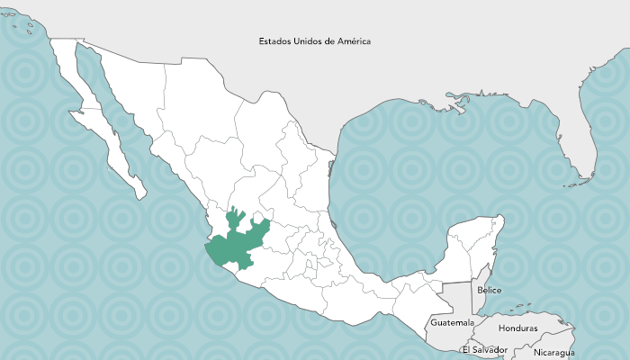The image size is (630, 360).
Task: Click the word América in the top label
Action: (354, 41)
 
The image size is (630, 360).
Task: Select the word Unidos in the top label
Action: (310, 41)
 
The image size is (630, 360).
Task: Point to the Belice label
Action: (490, 290)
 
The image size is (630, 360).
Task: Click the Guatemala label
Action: (452, 321)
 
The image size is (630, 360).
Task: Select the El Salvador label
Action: (484, 349)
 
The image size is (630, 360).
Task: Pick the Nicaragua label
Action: (553, 353)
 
